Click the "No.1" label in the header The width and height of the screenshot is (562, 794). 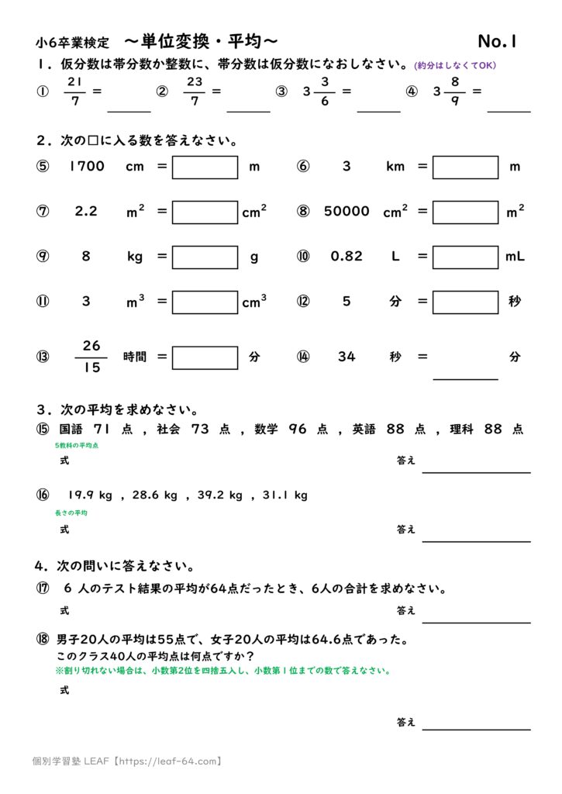[498, 41]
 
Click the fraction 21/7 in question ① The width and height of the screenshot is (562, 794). [76, 91]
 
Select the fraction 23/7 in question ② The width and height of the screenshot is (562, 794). [195, 91]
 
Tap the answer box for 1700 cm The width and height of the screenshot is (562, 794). [205, 167]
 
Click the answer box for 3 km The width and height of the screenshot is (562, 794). [465, 167]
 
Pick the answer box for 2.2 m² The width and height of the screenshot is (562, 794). [205, 212]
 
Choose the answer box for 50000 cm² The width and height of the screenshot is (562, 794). [465, 212]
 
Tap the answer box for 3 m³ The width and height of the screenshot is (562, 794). [205, 302]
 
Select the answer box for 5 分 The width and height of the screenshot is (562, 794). [465, 302]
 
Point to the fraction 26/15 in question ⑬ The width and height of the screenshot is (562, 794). [91, 357]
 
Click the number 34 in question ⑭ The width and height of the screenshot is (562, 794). [347, 357]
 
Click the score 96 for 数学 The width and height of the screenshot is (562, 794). [298, 429]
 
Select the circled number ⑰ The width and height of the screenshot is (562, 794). [43, 589]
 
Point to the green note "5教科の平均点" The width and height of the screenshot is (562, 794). [76, 446]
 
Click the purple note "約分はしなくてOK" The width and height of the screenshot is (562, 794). [455, 65]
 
